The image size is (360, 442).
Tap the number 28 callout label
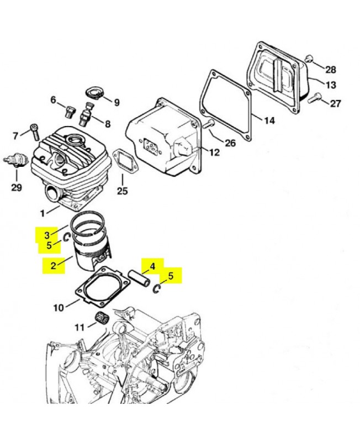pyautogui.click(x=330, y=70)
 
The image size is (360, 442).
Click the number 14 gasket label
pyautogui.click(x=269, y=121)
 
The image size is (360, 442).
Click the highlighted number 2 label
pyautogui.click(x=53, y=265)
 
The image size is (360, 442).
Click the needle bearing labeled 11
pyautogui.click(x=100, y=319)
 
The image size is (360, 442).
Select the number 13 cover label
pyautogui.click(x=330, y=85)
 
